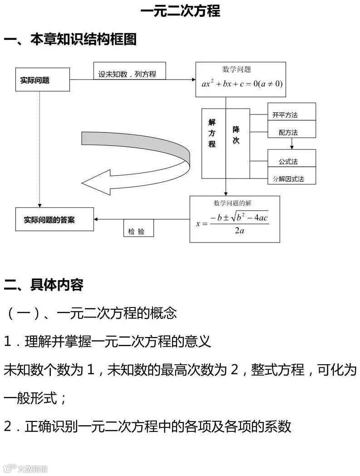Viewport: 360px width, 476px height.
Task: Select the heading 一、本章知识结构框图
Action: click(70, 40)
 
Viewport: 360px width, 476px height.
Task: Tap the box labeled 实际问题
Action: click(43, 80)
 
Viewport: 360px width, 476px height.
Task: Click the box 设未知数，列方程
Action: click(129, 74)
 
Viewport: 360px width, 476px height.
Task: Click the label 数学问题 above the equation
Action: click(237, 69)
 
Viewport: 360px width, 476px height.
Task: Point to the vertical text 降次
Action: click(236, 135)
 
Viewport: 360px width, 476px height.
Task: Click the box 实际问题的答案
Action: click(54, 220)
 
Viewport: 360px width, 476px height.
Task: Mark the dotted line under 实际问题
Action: click(40, 150)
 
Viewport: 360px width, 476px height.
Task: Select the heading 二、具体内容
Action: click(44, 285)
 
